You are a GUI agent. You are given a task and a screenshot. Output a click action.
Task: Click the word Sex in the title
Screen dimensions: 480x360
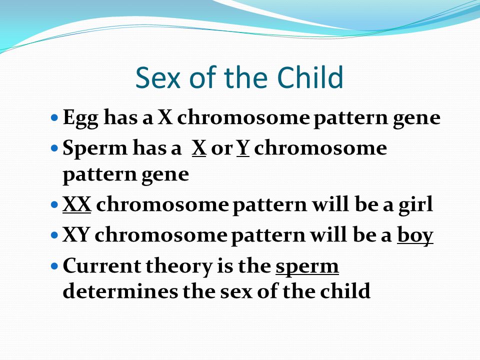click(x=158, y=77)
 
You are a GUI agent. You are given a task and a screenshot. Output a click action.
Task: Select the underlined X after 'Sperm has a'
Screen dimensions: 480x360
click(x=199, y=148)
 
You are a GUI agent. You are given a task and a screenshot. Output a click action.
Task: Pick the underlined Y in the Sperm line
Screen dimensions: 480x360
click(x=243, y=148)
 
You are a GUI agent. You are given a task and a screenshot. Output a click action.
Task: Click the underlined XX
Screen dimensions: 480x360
click(x=77, y=204)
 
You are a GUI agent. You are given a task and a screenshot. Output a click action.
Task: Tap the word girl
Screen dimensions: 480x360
click(x=415, y=205)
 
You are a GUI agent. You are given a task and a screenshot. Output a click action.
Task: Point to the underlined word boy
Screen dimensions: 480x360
click(x=415, y=235)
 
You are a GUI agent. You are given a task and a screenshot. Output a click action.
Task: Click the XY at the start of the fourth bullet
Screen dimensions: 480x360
click(x=76, y=235)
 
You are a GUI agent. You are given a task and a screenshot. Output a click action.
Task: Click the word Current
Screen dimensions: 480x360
click(x=102, y=265)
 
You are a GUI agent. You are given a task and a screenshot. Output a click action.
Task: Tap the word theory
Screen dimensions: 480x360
click(x=179, y=266)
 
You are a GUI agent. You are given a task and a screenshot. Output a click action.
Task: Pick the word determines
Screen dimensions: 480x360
click(x=120, y=291)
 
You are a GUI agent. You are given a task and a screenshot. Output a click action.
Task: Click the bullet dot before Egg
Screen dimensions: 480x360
click(x=54, y=117)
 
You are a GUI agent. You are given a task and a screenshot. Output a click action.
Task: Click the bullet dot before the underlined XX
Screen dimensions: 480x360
click(x=54, y=204)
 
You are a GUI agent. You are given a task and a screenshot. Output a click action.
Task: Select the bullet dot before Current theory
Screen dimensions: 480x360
click(x=54, y=265)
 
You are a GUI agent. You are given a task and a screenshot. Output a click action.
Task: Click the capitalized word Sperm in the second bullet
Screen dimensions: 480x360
click(x=95, y=149)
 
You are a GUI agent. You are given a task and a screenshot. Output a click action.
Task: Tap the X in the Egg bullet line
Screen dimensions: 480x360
click(x=165, y=117)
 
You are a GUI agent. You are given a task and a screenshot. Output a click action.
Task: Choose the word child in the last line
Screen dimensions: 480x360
click(x=345, y=291)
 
